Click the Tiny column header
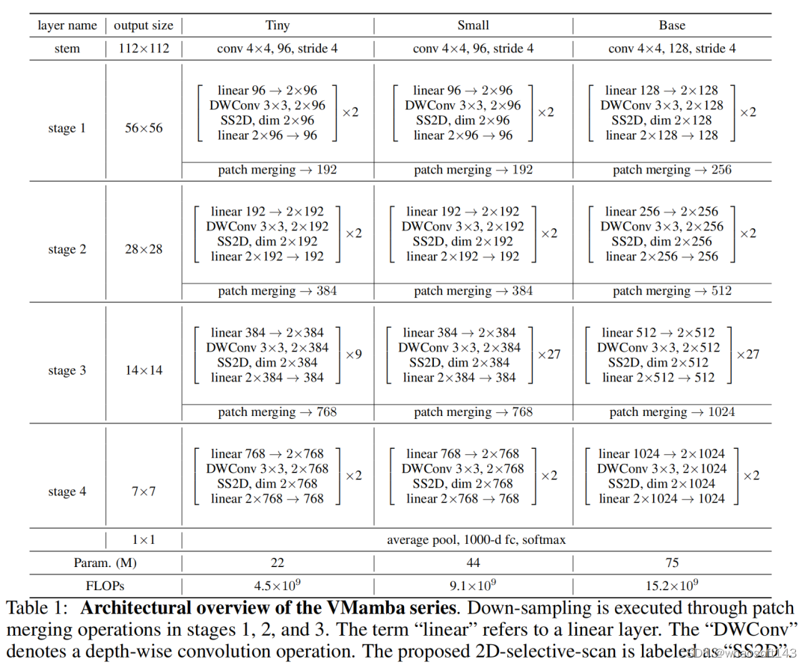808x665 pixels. pyautogui.click(x=278, y=25)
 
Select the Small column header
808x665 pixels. pyautogui.click(x=473, y=25)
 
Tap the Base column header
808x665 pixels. pyautogui.click(x=672, y=25)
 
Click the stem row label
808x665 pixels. pyautogui.click(x=67, y=49)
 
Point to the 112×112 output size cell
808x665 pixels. pyautogui.click(x=143, y=49)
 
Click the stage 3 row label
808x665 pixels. pyautogui.click(x=67, y=370)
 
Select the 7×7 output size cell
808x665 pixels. pyautogui.click(x=143, y=491)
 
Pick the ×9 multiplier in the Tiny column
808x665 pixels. pyautogui.click(x=353, y=354)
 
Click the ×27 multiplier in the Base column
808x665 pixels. pyautogui.click(x=748, y=354)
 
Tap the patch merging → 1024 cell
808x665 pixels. pyautogui.click(x=672, y=412)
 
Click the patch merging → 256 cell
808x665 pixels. pyautogui.click(x=672, y=170)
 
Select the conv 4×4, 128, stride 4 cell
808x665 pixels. pyautogui.click(x=672, y=49)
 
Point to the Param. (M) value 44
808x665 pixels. pyautogui.click(x=473, y=563)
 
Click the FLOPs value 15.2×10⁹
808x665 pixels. pyautogui.click(x=672, y=586)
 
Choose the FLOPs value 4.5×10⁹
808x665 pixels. pyautogui.click(x=278, y=586)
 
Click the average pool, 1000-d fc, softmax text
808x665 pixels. pyautogui.click(x=476, y=539)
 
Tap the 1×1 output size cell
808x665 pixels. pyautogui.click(x=143, y=539)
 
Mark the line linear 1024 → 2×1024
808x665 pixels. pyautogui.click(x=661, y=453)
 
